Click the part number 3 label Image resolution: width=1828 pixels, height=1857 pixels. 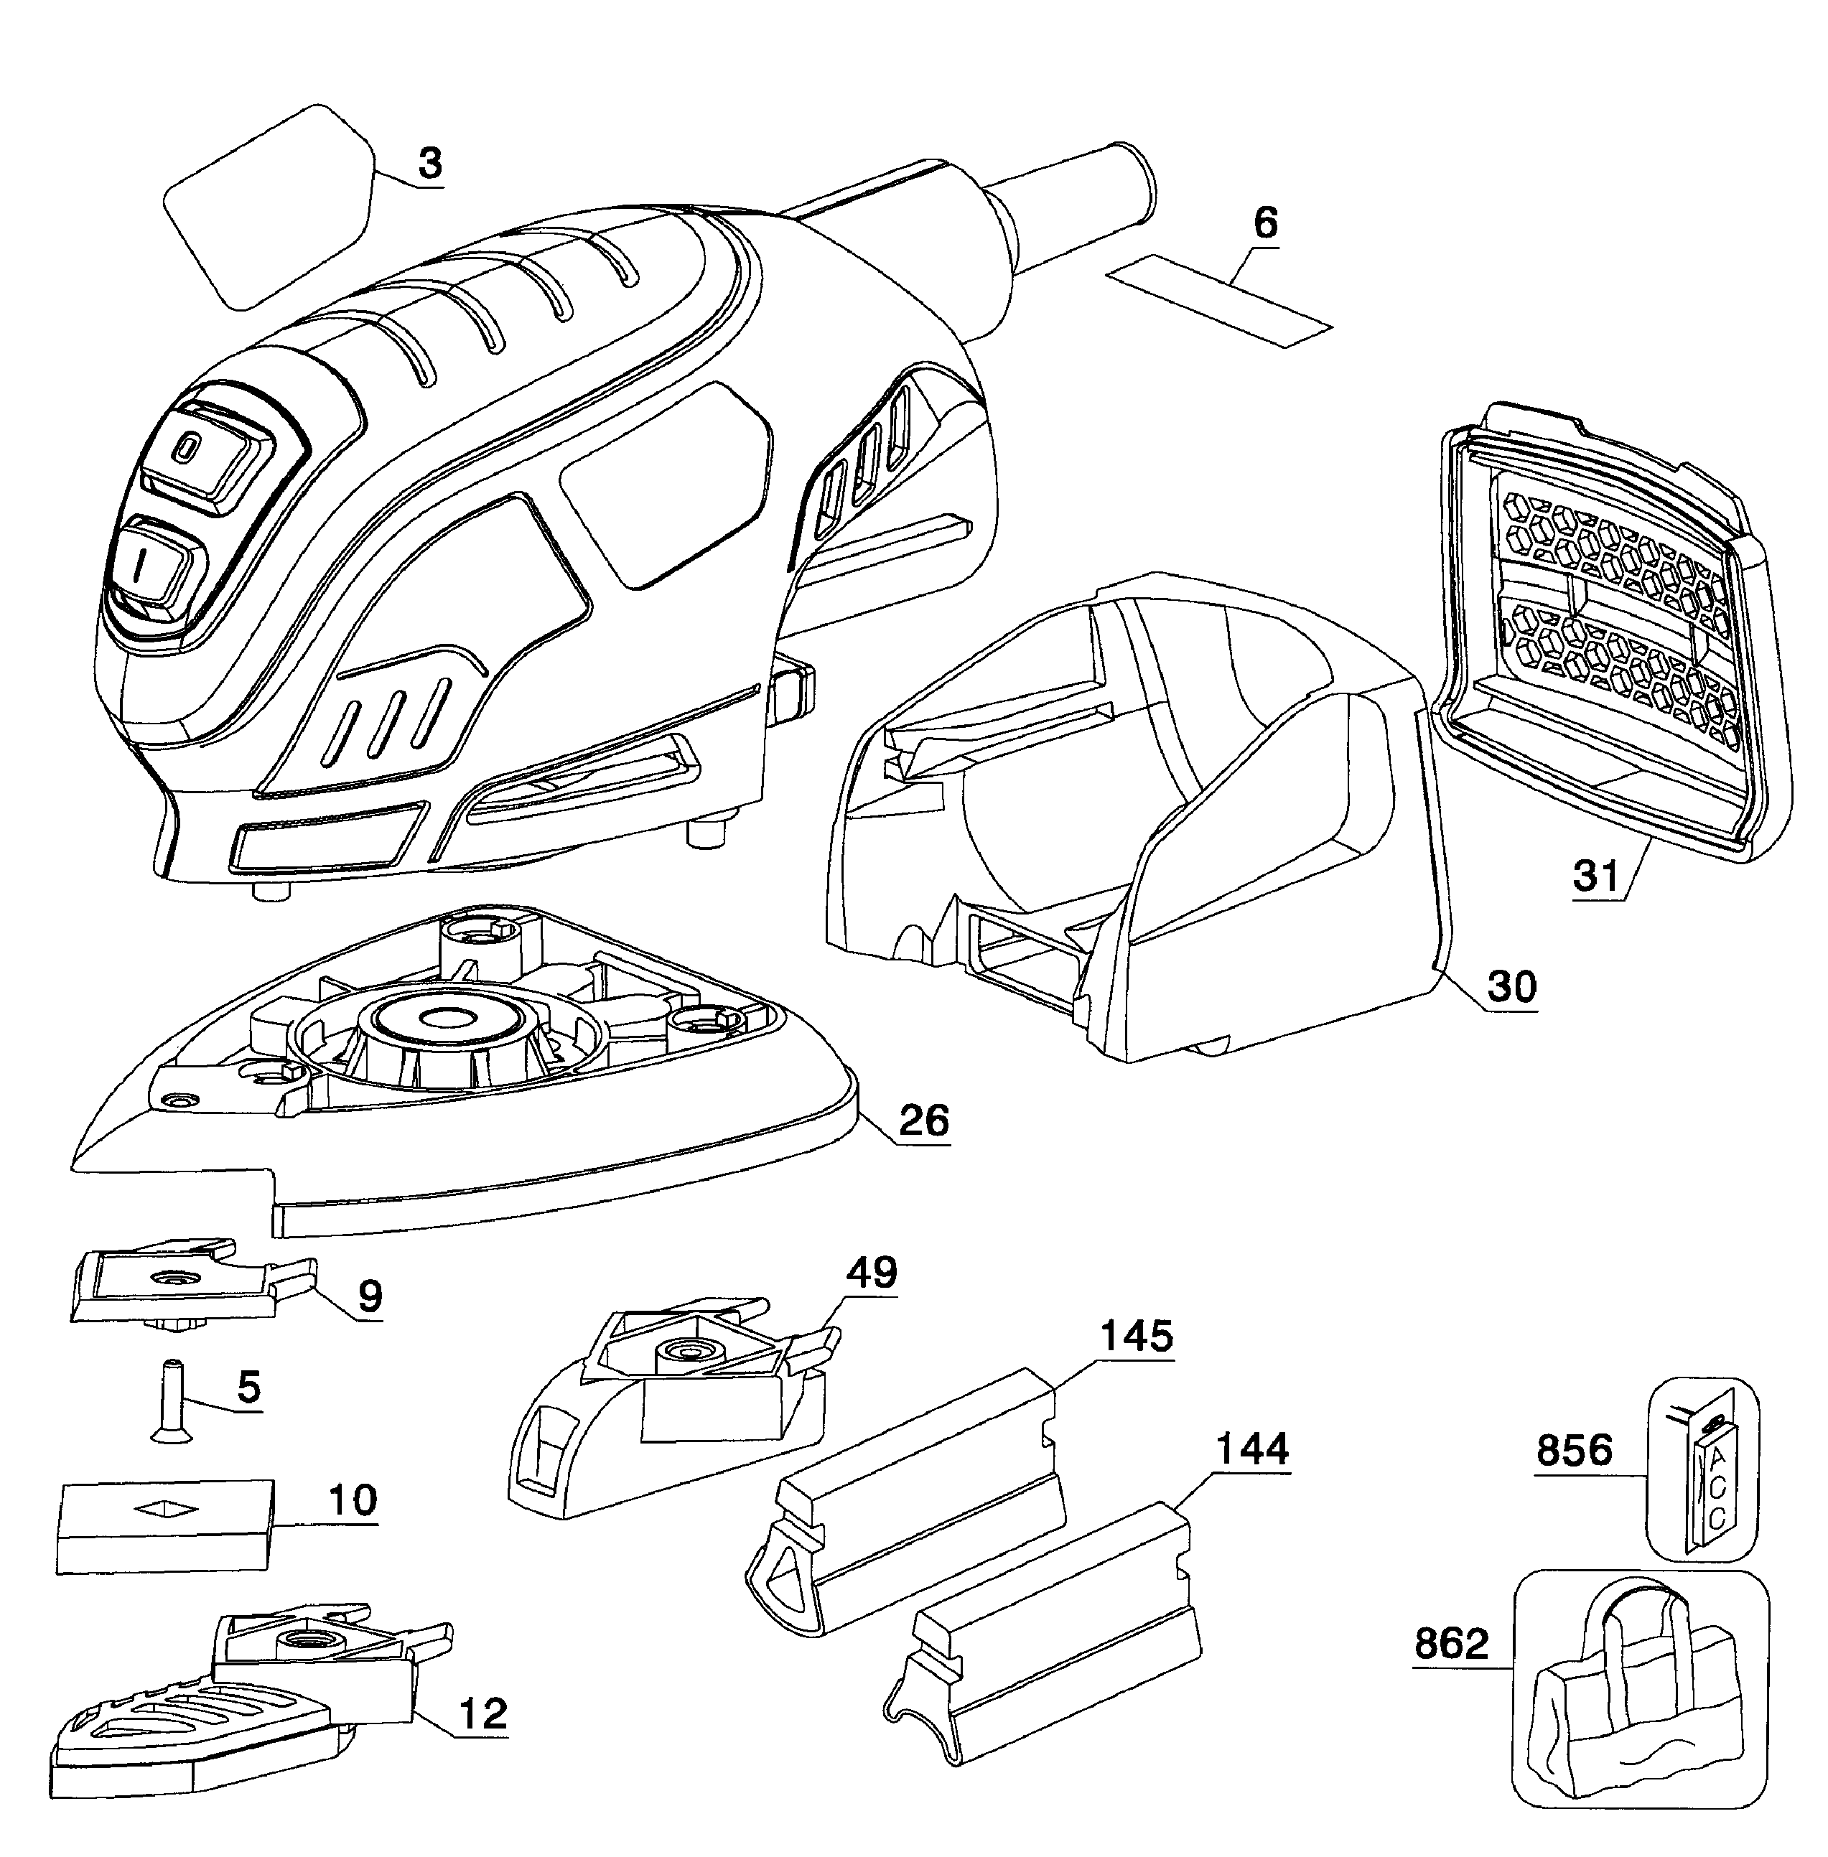(430, 163)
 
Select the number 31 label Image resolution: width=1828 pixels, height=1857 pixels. (1598, 876)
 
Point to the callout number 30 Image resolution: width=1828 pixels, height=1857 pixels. (1512, 986)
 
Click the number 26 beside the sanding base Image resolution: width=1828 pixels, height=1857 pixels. (925, 1120)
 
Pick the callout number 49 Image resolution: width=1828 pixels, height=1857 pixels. (872, 1273)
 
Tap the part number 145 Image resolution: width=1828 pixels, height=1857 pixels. (1136, 1336)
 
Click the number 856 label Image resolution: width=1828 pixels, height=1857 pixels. (1574, 1449)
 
